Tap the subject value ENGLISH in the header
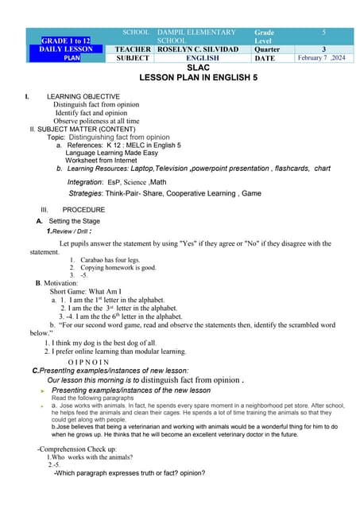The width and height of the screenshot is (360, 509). (x=203, y=58)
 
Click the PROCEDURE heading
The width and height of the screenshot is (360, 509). (x=83, y=209)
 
